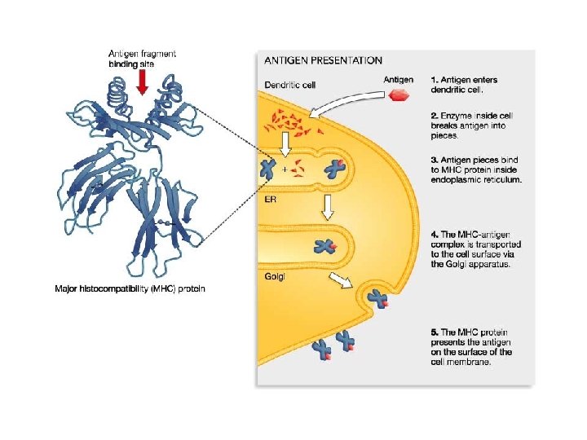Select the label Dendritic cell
tap(291, 84)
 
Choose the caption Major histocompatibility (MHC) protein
tap(130, 288)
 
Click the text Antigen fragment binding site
tap(142, 58)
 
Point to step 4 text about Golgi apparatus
tap(476, 248)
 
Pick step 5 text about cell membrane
tap(472, 347)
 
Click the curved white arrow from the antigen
tap(342, 102)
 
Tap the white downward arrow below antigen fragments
tap(285, 145)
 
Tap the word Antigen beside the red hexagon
tap(398, 79)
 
